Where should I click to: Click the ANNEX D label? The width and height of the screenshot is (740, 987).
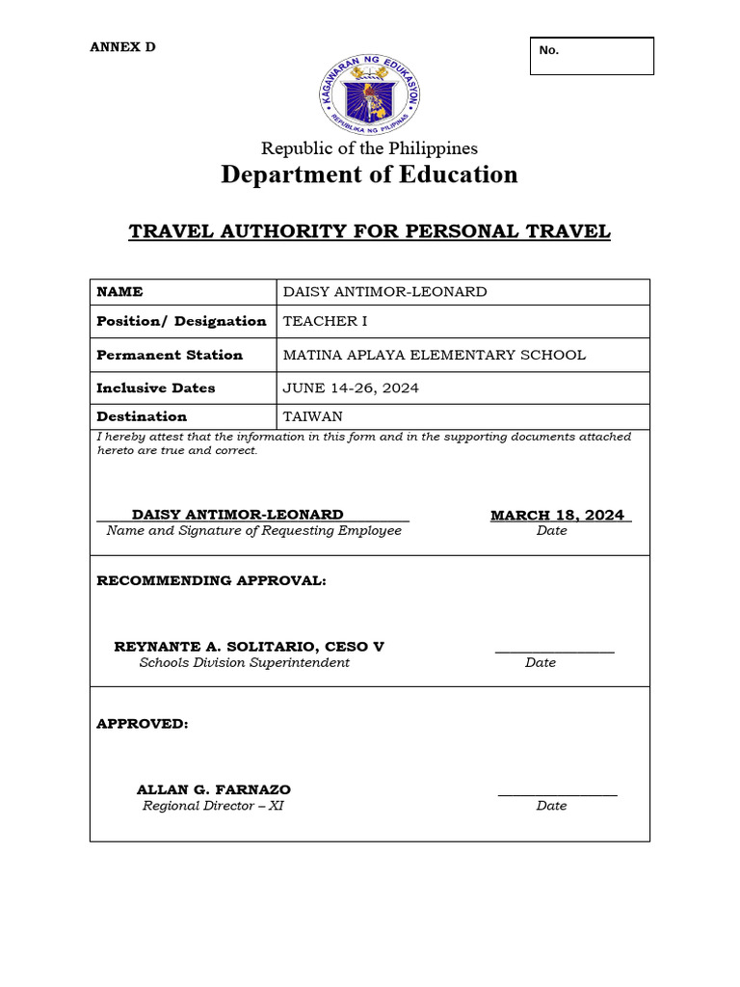(x=122, y=47)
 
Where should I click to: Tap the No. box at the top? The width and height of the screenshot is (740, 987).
(x=592, y=56)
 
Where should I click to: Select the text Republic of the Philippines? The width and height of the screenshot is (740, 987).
(x=370, y=148)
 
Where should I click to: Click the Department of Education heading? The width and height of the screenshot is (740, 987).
(x=369, y=174)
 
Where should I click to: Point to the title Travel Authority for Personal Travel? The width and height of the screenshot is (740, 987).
(x=370, y=231)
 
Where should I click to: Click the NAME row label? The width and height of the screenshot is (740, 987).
(x=120, y=292)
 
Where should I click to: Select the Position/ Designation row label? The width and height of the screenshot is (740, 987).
(x=181, y=321)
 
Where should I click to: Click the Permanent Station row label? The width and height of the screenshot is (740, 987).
(x=170, y=355)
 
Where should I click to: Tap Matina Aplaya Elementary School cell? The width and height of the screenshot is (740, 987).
(x=434, y=355)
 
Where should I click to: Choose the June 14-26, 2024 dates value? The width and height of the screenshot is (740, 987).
(x=351, y=388)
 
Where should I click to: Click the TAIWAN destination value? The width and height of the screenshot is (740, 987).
(x=313, y=417)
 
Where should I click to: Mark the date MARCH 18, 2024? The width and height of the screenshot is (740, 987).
(x=557, y=515)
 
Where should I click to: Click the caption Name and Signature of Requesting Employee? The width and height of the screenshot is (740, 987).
(x=254, y=531)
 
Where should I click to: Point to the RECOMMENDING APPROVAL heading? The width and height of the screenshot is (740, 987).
(x=211, y=581)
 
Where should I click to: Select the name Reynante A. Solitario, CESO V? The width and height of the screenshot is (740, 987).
(x=249, y=647)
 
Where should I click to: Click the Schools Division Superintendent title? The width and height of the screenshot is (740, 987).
(x=245, y=663)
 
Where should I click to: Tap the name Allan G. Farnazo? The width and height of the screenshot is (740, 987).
(x=214, y=789)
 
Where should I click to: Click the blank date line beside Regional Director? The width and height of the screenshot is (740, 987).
(x=557, y=794)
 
